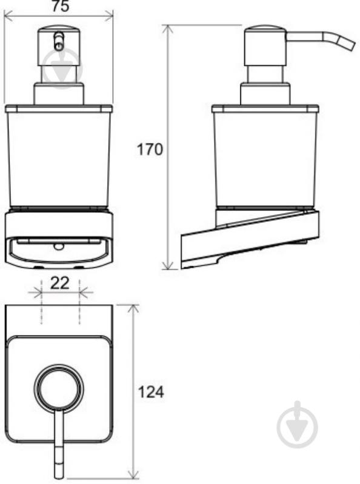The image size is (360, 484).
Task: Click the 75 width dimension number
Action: [x=60, y=6]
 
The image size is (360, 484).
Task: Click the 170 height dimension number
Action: [x=150, y=150]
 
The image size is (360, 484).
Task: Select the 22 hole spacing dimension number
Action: [x=60, y=283]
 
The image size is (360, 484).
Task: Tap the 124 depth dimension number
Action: [x=151, y=393]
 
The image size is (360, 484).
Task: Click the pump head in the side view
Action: [x=265, y=45]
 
